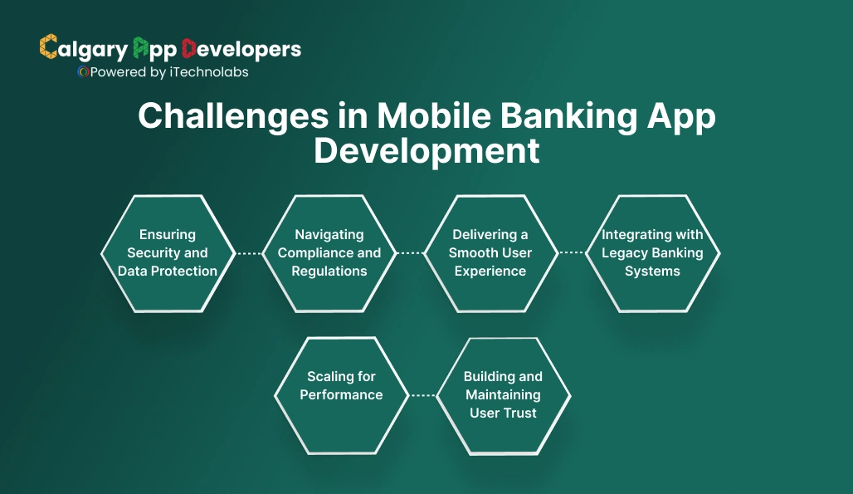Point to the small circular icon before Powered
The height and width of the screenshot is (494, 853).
(x=83, y=72)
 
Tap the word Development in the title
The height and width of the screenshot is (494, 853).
(x=426, y=151)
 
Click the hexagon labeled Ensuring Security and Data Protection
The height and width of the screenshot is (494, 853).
(x=168, y=253)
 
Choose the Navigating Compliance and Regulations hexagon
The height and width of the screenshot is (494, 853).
(x=329, y=253)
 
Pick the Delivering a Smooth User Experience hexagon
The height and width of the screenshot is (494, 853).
(x=490, y=253)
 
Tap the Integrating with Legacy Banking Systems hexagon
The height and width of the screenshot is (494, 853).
(x=652, y=253)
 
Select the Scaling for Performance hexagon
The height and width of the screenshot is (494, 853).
(x=341, y=395)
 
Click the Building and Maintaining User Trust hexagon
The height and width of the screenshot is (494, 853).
(x=503, y=395)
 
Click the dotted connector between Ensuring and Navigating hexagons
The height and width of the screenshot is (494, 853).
(x=248, y=253)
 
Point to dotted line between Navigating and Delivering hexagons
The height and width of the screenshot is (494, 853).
(x=410, y=253)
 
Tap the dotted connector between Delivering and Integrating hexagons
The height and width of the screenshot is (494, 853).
(x=571, y=253)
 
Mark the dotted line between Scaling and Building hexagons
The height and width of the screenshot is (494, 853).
(x=422, y=395)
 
